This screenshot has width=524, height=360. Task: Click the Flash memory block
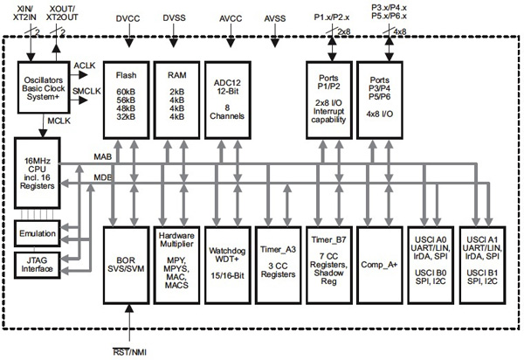click(128, 99)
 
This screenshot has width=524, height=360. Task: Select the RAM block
click(177, 99)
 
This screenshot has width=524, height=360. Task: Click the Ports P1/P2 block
click(330, 99)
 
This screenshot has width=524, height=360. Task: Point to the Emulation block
click(37, 233)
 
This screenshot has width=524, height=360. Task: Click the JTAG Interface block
click(37, 263)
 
